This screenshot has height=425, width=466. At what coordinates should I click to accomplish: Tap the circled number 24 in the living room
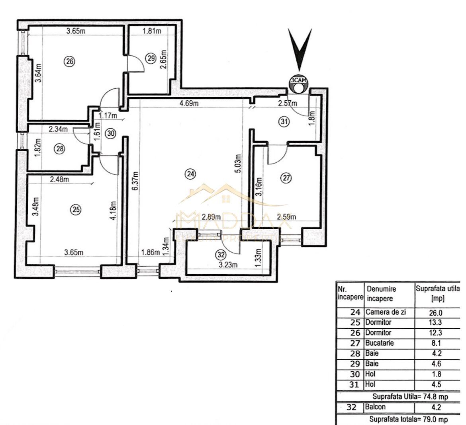coord(190,173)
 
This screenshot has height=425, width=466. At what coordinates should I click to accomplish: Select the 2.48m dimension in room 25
coord(59,179)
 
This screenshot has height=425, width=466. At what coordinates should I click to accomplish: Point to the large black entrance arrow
coord(300,50)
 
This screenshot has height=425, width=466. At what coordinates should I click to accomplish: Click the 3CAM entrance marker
coord(298,82)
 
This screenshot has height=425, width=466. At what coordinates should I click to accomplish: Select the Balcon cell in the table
coord(375,407)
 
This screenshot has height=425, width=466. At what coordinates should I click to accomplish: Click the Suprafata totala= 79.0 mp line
coord(408,419)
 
